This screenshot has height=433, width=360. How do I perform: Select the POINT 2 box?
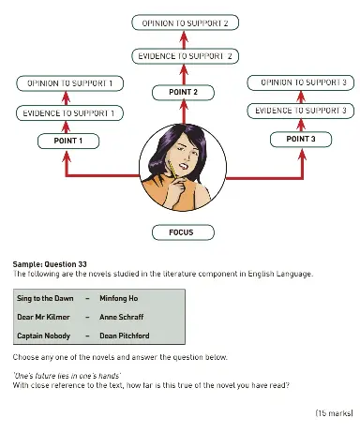(x=184, y=92)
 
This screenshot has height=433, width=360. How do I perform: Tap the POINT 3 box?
(x=301, y=140)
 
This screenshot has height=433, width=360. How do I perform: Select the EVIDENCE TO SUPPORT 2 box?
(x=184, y=56)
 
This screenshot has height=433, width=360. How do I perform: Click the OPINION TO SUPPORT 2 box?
(x=184, y=22)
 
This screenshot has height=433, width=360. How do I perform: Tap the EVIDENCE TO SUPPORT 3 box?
(x=301, y=112)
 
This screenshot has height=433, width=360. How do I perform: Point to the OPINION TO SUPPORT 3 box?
(x=301, y=83)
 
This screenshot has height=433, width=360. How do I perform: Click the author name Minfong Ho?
(x=119, y=298)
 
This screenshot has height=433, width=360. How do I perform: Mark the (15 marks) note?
(x=333, y=411)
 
